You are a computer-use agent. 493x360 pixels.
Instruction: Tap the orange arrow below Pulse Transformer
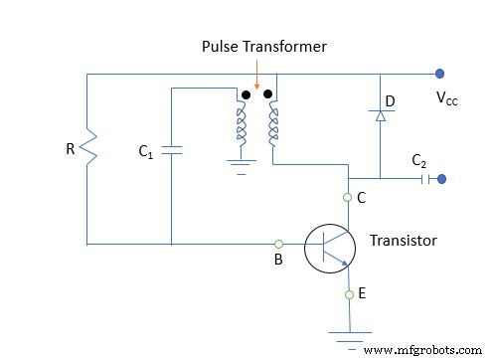pos(256,78)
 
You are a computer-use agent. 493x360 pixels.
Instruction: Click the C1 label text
pos(146,154)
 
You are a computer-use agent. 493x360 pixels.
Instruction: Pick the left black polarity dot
pos(245,96)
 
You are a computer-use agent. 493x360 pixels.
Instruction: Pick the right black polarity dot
pos(268,96)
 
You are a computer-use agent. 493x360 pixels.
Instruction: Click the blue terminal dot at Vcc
pos(438,74)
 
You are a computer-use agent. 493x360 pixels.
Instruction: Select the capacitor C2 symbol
pos(425,180)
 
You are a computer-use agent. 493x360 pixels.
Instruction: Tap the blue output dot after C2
pos(442,180)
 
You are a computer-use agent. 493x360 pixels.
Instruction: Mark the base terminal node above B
pos(279,244)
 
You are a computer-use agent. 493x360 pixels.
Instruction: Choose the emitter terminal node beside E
pos(349,294)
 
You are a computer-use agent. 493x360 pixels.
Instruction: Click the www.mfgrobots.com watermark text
pos(421,349)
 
